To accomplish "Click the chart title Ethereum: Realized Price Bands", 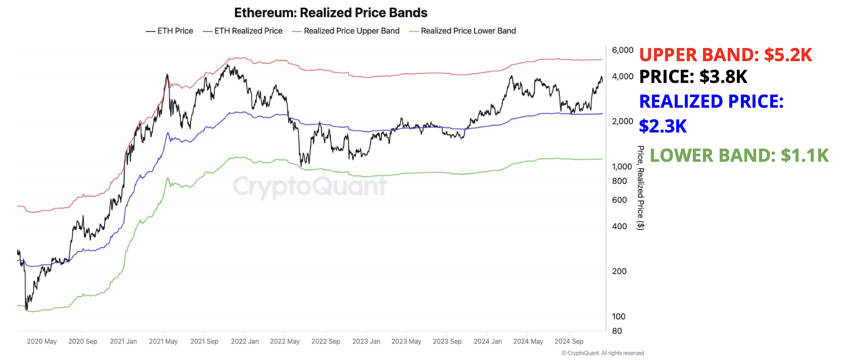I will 331,13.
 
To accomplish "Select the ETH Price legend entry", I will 170,31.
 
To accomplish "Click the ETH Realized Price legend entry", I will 243,31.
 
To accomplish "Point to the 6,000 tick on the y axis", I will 622,50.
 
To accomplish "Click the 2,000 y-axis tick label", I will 622,121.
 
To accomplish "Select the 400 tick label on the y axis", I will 619,227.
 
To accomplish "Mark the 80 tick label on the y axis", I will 617,331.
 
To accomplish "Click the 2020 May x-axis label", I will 41,341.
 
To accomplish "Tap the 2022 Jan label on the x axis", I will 245,341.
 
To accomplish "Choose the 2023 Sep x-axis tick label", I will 447,341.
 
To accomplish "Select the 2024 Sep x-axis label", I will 569,341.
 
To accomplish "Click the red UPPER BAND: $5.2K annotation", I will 725,55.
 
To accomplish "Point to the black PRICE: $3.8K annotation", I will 693,77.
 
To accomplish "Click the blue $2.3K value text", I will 663,126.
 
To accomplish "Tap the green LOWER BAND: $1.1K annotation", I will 739,155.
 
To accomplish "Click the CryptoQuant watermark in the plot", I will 309,186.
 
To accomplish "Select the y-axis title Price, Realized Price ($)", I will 640,188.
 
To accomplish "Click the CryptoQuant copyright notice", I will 602,353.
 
